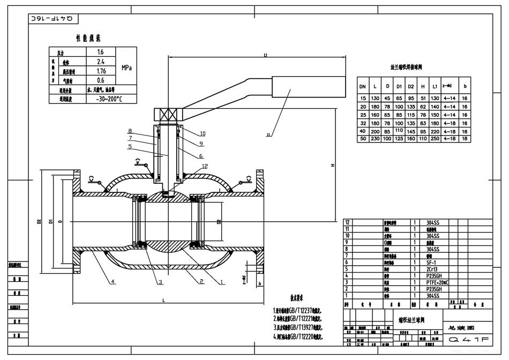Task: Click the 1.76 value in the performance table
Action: coord(101,71)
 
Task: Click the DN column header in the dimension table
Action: coord(363,86)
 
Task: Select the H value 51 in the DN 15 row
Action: coord(423,99)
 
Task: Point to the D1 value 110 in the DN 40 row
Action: coord(398,130)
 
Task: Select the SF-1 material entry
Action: coord(431,262)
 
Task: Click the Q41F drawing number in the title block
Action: coord(469,339)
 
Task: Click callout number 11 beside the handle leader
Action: coord(270,136)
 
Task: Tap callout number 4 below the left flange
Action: coord(113,281)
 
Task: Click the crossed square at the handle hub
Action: coord(161,114)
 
